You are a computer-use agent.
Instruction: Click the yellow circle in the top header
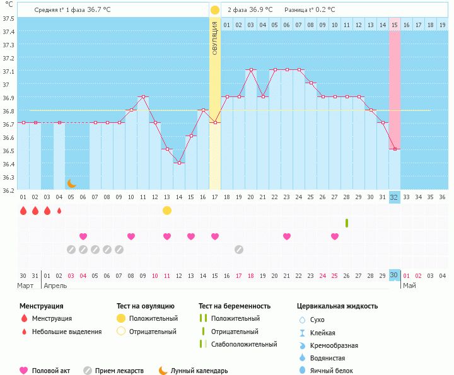coord(215,10)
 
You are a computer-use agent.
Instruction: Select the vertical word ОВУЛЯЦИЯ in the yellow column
coord(215,38)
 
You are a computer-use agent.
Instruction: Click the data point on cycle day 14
coord(179,163)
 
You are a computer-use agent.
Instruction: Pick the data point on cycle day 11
coord(143,97)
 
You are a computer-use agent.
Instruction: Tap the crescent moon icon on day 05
coord(72,183)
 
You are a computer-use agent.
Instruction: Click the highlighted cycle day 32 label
coord(394,197)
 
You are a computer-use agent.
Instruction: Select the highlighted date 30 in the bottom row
coord(394,275)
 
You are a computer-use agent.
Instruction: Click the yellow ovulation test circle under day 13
coord(167,211)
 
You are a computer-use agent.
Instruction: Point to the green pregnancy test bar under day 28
coord(347,223)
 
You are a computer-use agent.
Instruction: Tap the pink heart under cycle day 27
coord(335,236)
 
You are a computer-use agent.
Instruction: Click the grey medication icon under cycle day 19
coord(239,250)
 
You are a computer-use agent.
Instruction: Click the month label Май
coord(409,286)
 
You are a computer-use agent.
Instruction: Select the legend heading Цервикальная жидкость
coord(337,306)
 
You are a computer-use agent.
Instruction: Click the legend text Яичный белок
coord(336,371)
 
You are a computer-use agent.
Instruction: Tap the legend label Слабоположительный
coord(244,344)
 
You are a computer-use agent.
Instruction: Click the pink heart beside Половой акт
coord(24,371)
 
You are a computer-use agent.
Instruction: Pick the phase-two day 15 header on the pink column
coord(394,25)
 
